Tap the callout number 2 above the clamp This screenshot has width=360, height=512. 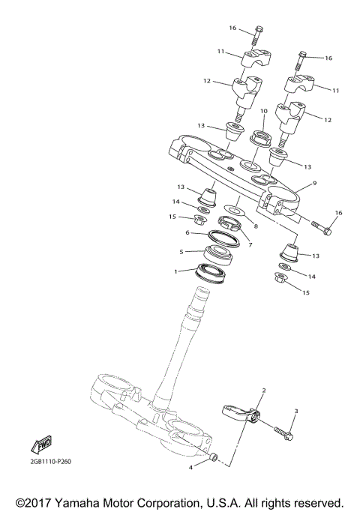point(264,391)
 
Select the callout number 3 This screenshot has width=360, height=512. point(296,411)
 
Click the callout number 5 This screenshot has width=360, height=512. point(180,252)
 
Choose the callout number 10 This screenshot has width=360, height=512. point(263,111)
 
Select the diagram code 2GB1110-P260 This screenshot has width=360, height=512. point(47,462)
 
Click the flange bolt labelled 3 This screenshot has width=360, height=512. point(282,433)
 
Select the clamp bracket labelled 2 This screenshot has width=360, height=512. point(241,413)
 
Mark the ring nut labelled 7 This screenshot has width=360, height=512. point(229,223)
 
